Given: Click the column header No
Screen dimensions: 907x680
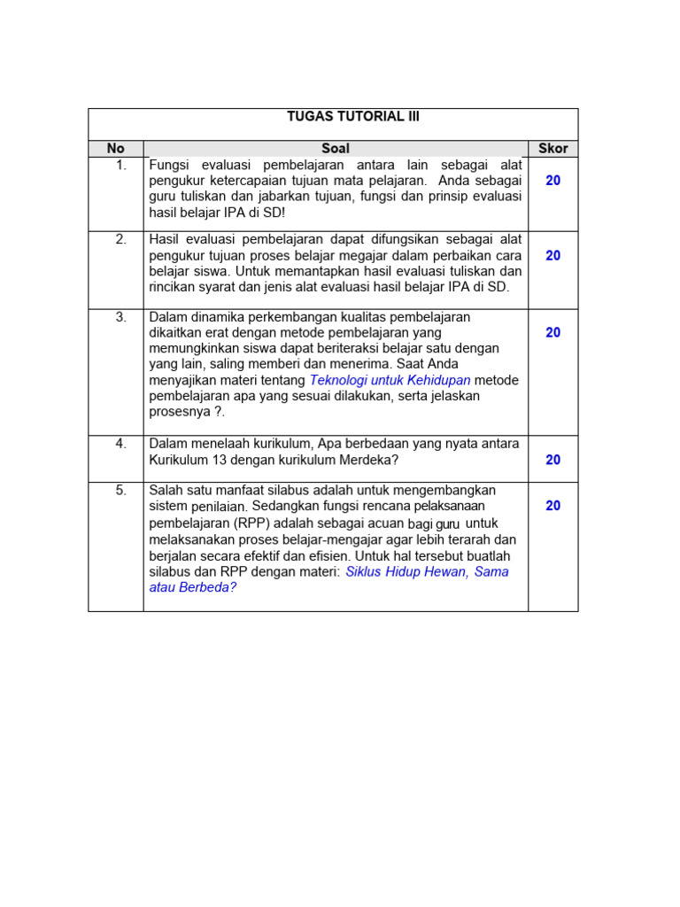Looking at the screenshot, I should [x=116, y=149].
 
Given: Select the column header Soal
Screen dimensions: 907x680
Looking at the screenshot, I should [x=336, y=149].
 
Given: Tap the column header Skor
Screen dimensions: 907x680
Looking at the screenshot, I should [x=552, y=149].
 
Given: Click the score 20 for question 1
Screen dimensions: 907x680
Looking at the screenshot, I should [x=552, y=181].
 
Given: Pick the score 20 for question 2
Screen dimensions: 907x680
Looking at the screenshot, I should [x=552, y=255].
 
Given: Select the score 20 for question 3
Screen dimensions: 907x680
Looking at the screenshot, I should [x=552, y=332].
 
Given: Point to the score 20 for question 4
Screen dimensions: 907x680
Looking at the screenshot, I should [x=552, y=460].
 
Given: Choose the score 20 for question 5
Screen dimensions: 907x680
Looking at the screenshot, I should [x=552, y=506].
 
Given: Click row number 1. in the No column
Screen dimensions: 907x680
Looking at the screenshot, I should [x=120, y=165].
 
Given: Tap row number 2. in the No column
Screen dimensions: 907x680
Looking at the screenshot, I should [x=120, y=239].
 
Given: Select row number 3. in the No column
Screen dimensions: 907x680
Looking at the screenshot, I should [x=120, y=316].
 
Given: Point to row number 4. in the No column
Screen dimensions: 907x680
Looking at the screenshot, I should [x=120, y=444].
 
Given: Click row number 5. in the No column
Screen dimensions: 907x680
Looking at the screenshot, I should [x=120, y=490].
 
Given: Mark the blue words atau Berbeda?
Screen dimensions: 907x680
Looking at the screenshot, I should [x=193, y=587].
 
